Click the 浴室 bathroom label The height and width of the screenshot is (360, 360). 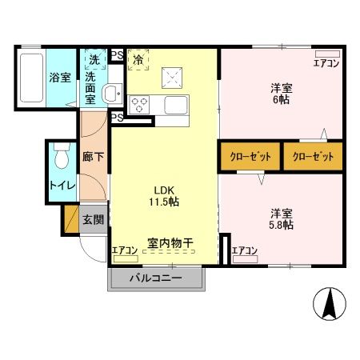pos(60,78)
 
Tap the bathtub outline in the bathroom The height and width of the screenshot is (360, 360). pos(30,78)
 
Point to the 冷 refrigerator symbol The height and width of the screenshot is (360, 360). pos(138,59)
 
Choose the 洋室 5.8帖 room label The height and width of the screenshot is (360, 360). pos(281,218)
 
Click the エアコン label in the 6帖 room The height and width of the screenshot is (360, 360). pos(326,63)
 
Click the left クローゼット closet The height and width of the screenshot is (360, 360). pos(250,156)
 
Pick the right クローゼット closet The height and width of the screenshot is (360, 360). pos(312,156)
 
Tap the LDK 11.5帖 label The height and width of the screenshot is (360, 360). pos(162,195)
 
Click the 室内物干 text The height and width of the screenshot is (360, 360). pos(171,242)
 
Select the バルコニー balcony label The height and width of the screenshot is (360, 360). pos(156,279)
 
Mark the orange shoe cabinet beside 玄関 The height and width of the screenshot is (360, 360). pos(70,219)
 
